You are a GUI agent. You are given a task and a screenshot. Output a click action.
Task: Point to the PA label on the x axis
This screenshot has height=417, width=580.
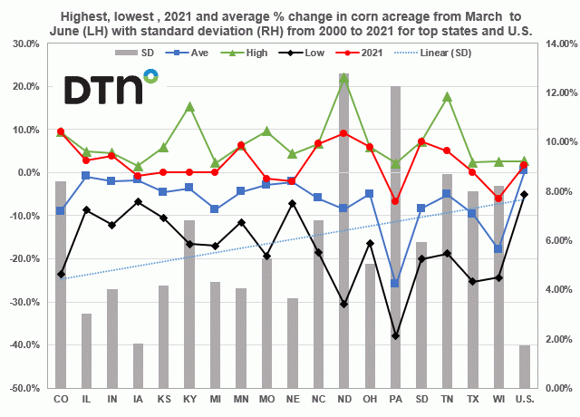pos(395,399)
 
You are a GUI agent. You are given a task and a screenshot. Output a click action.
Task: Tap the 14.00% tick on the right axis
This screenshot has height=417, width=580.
pos(556,44)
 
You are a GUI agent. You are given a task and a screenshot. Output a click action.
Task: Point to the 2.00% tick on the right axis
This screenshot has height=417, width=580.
pos(554,339)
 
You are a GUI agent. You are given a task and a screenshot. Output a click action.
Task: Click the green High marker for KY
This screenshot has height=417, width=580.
pos(189,106)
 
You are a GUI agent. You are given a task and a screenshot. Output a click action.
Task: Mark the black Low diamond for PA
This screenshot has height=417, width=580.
pos(395,335)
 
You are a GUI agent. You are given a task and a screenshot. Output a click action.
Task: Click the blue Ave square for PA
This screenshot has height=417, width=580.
pos(395,284)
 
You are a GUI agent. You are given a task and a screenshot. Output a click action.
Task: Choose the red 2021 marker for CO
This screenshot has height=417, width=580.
pos(61,131)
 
